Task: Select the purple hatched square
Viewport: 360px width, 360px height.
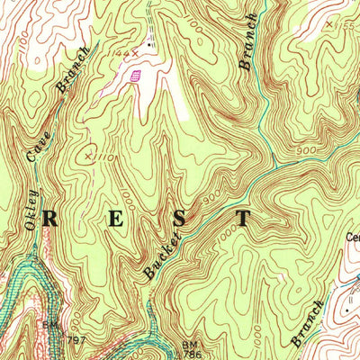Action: pyautogui.click(x=136, y=77)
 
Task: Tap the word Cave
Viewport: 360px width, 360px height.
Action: pyautogui.click(x=39, y=141)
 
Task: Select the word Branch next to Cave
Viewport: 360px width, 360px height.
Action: pyautogui.click(x=72, y=71)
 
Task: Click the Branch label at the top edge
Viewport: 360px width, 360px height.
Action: pyautogui.click(x=248, y=41)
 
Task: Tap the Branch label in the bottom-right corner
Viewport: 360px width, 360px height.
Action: pyautogui.click(x=307, y=324)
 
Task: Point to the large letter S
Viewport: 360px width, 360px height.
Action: pyautogui.click(x=180, y=219)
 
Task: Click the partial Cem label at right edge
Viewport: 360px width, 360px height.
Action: pyautogui.click(x=353, y=238)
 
